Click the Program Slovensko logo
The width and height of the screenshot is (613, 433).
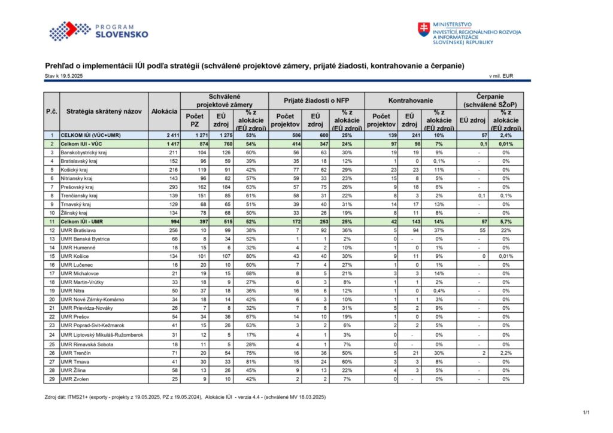(x=99, y=31)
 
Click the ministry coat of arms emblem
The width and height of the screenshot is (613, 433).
(x=423, y=29)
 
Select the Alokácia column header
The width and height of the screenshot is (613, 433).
(x=164, y=111)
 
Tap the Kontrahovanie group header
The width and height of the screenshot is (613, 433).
(x=411, y=100)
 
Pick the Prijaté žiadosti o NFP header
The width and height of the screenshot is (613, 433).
(x=316, y=100)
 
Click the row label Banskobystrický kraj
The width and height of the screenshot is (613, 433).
(x=84, y=153)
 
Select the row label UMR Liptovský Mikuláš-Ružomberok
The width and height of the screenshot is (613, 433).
(x=102, y=335)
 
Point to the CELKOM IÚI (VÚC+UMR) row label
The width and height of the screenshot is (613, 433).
(x=91, y=136)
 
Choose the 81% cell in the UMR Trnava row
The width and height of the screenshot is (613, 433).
(x=251, y=362)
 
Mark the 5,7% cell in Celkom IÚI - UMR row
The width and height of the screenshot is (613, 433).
(x=506, y=222)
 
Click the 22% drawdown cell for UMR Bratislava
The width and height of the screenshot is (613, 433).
(x=506, y=230)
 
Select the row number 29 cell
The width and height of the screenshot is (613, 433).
(x=51, y=379)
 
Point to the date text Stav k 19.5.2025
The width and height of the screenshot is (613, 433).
(x=63, y=76)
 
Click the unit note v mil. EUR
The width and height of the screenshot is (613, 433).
(x=501, y=76)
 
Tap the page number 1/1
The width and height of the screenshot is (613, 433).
(x=586, y=412)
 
